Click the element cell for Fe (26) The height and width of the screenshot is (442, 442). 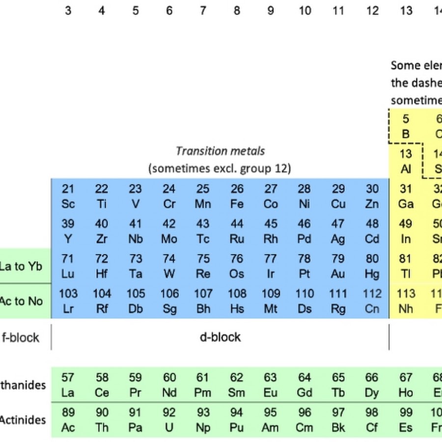coord(237,196)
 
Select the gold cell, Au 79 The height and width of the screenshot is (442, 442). coord(338,266)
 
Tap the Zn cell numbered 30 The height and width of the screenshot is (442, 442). coord(372,196)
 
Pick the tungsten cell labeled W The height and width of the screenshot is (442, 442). coord(169,266)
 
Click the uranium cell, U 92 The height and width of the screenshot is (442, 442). coord(169,420)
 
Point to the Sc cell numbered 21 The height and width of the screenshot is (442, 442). coord(68,196)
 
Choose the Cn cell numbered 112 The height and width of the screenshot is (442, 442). coord(372,301)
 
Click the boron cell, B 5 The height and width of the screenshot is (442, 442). coord(406,126)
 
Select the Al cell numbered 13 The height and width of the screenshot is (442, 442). coord(406,162)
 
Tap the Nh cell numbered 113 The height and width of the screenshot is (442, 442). coord(406,301)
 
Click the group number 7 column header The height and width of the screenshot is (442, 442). coord(203,10)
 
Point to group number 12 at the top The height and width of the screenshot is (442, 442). coord(372,10)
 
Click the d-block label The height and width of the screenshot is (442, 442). coord(220,337)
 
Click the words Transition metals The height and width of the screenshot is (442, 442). coord(220,151)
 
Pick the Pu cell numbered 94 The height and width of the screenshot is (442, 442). coord(237,420)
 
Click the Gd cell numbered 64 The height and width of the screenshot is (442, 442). coord(304,385)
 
